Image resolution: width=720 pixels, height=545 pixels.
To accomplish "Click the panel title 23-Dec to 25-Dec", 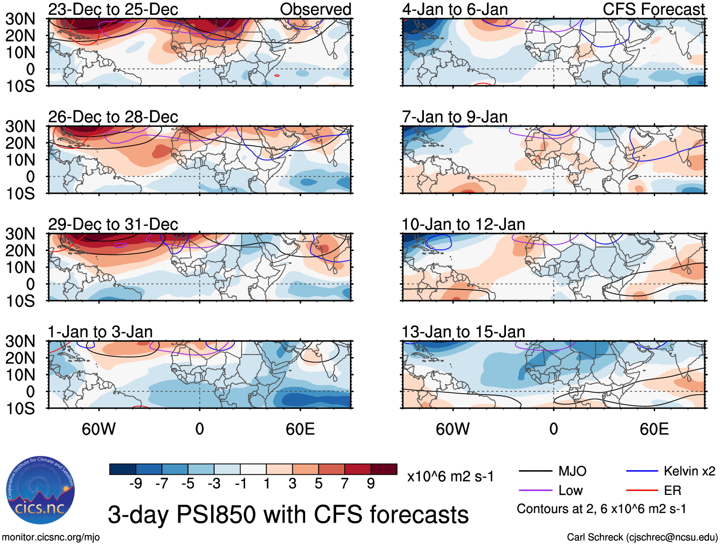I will click(113, 9).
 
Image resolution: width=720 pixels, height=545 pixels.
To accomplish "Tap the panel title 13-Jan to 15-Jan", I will click(463, 332).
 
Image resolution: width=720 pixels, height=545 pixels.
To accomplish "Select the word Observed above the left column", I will click(315, 9).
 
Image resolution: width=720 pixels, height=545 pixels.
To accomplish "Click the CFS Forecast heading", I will click(653, 9).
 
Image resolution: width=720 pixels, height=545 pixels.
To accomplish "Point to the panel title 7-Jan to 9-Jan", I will click(454, 117).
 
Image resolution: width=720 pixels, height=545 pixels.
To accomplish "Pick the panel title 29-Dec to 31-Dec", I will click(113, 224).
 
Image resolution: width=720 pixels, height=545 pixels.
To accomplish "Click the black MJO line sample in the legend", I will click(535, 472).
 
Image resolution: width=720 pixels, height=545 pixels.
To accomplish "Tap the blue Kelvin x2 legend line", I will click(642, 472).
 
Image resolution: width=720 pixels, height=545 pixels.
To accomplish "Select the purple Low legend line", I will click(535, 491).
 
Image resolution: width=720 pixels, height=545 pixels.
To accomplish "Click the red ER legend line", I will click(642, 491).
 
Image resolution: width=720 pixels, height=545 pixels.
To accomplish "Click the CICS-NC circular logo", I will click(41, 490).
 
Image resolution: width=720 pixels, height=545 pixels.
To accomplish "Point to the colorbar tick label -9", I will click(136, 484).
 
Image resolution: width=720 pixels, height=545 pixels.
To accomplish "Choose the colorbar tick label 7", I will click(345, 484).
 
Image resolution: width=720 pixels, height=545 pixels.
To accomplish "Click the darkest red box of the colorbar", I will click(384, 469).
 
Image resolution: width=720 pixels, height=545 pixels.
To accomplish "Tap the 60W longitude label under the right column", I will click(453, 429).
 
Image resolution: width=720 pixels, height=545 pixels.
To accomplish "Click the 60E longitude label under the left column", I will click(300, 429).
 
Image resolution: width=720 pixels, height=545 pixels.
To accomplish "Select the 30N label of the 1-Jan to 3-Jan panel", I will click(20, 342).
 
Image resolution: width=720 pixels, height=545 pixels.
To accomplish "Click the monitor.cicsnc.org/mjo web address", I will click(51, 537).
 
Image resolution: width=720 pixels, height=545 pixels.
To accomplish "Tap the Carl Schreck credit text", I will click(642, 537).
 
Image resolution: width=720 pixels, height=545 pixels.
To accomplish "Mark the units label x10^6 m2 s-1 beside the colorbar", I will click(450, 476).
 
